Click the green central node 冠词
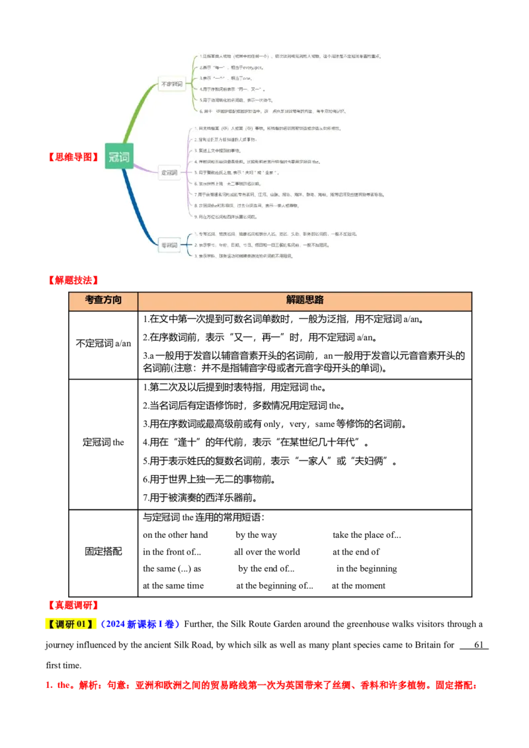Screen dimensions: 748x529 tap(119, 156)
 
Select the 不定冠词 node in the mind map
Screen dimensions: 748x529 tap(171, 85)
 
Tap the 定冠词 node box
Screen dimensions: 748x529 tap(169, 173)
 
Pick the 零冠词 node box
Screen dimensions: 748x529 tap(169, 245)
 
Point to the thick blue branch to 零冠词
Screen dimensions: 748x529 tap(136, 205)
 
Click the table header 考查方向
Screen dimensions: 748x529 tap(103, 300)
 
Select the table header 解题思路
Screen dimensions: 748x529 tap(305, 300)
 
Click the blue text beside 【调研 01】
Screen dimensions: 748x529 tap(140, 624)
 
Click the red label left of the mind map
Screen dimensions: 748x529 tap(73, 157)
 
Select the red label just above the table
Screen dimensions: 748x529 tap(73, 280)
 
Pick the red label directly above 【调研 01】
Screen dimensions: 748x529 tap(73, 605)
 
